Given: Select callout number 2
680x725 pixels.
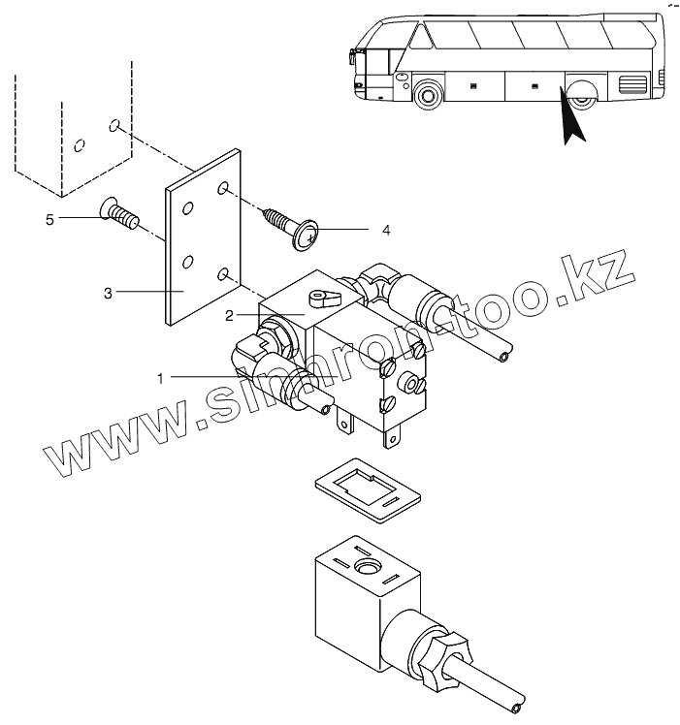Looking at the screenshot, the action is (229, 315).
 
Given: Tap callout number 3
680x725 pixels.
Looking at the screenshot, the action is (109, 291).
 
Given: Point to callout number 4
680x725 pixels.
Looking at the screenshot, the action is (385, 231).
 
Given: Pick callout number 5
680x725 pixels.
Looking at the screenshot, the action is (49, 220).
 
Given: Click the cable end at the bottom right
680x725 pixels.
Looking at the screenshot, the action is (522, 699).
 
